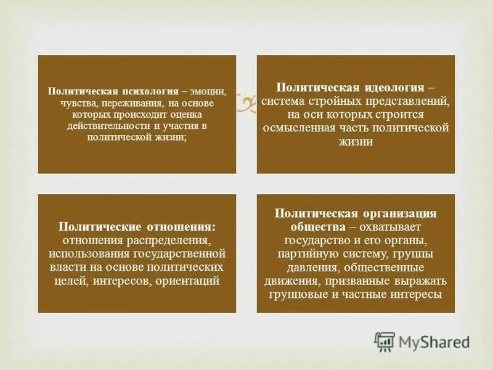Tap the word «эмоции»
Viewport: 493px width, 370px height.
point(213,91)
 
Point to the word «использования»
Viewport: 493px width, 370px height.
point(86,253)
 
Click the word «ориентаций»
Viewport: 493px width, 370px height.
point(187,281)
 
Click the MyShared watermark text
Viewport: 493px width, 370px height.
point(434,342)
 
